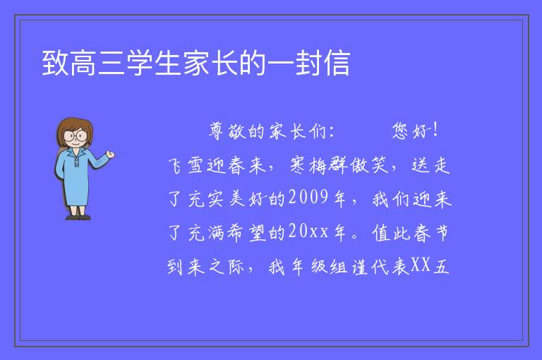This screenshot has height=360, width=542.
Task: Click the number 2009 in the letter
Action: [308, 198]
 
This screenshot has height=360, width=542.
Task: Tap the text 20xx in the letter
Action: [308, 231]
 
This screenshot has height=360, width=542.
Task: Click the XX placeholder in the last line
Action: [421, 265]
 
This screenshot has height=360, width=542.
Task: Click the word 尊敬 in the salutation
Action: [227, 131]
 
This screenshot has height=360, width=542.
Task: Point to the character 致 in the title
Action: [55, 63]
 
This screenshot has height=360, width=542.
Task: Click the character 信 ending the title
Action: [337, 63]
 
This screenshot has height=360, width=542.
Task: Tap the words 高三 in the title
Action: [97, 63]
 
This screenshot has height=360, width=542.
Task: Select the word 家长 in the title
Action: [210, 63]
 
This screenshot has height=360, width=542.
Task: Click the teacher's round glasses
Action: [76, 135]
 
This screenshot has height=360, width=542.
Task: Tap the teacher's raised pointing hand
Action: [110, 155]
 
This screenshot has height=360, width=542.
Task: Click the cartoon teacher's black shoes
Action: [78, 217]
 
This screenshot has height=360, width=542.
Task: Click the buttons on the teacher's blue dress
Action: [76, 162]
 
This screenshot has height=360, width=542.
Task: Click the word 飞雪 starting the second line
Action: [186, 165]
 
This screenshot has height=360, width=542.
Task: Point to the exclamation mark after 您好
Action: [435, 130]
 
